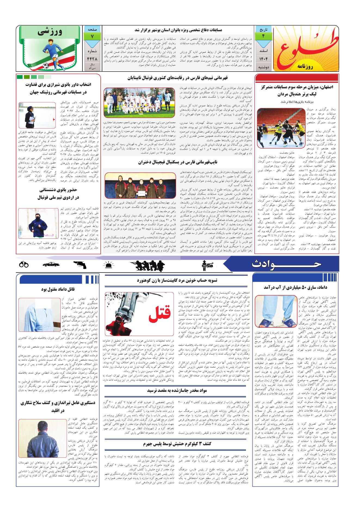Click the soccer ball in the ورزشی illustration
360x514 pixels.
[x=45, y=65]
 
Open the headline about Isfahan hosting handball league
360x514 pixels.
[x=297, y=91]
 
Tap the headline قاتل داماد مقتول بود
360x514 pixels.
[x=58, y=289]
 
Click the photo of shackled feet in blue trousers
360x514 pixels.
[x=275, y=312]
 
